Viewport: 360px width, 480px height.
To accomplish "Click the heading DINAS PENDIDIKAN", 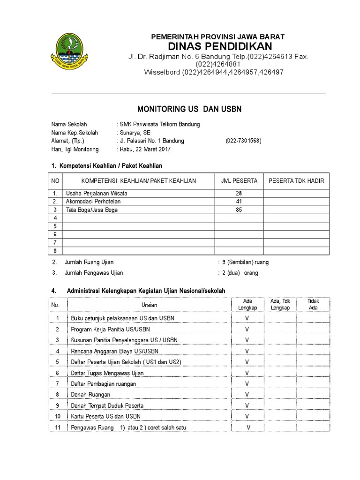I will tap(220, 46).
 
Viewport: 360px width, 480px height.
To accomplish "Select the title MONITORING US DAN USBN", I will tap(189, 109).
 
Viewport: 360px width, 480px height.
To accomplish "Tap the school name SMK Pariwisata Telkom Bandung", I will tap(159, 124).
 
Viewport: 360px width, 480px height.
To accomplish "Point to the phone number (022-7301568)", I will tap(243, 141).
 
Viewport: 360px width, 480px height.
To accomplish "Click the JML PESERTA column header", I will tap(239, 181).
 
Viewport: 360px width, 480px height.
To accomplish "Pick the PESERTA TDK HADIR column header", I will tap(296, 181).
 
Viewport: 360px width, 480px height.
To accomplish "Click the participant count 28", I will tap(239, 194).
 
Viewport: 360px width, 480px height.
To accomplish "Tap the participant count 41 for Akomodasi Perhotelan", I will tap(239, 202).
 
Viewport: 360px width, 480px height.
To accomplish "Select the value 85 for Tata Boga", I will tap(239, 210).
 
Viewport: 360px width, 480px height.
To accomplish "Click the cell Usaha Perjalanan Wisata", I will tap(97, 194).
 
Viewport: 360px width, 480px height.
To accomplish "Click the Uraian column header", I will tap(149, 305).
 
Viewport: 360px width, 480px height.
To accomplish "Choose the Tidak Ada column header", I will tap(313, 304).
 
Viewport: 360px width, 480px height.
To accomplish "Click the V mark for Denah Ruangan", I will tap(247, 395).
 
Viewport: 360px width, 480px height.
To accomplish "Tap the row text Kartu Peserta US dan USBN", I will tap(105, 416).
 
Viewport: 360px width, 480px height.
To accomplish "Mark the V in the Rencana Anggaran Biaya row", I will tap(247, 351).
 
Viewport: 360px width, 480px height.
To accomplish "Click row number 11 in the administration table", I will tap(58, 427).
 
